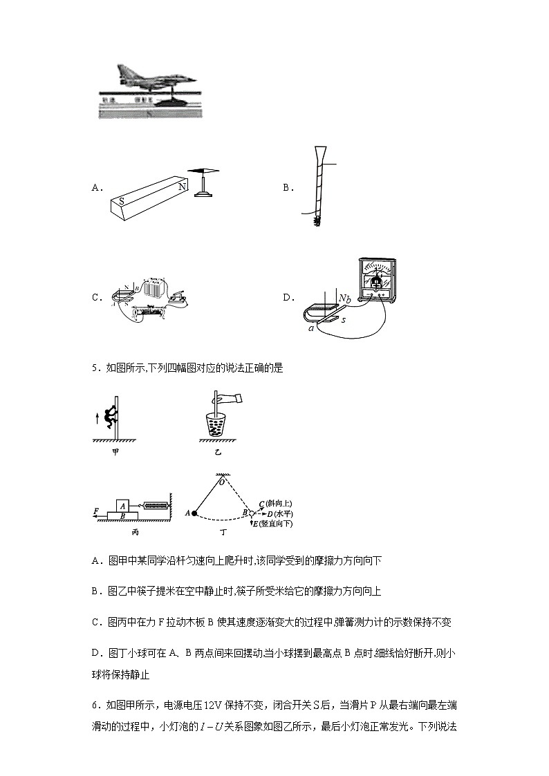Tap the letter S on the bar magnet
click(x=122, y=201)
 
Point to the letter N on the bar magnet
click(x=182, y=187)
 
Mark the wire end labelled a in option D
click(x=312, y=329)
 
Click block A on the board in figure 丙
click(x=122, y=505)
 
